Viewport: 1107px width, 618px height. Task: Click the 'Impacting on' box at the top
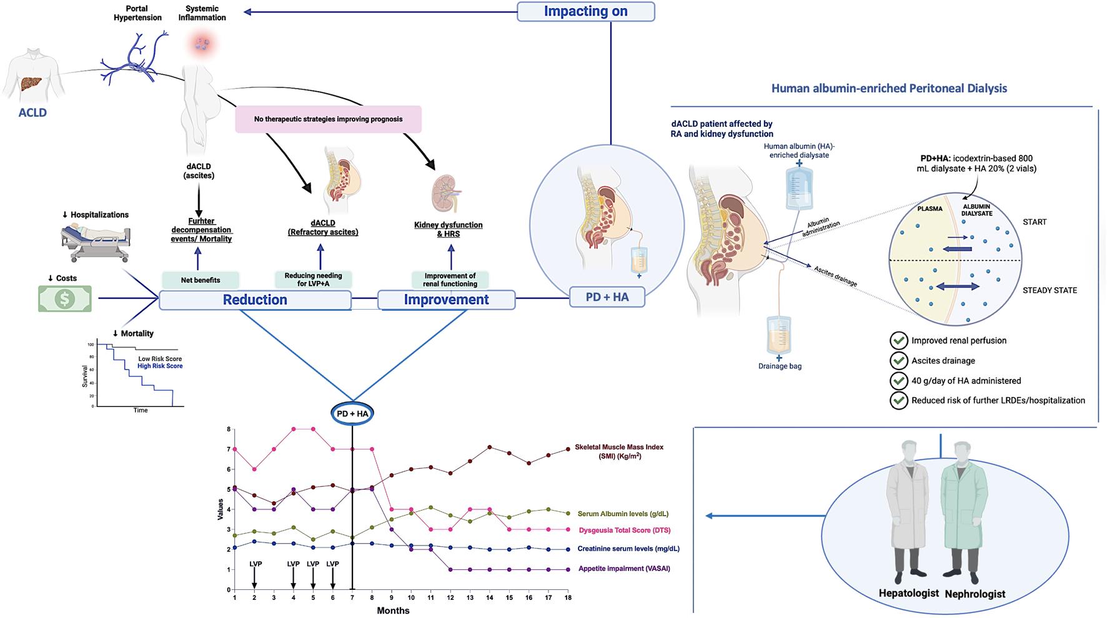(585, 11)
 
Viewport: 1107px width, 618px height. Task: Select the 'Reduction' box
(255, 300)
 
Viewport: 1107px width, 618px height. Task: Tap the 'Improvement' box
(446, 300)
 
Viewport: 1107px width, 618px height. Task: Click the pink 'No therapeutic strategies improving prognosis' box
(328, 119)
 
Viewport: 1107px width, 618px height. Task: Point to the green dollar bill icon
(65, 298)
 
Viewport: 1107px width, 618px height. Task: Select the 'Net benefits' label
(200, 280)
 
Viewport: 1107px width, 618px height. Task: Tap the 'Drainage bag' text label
(780, 366)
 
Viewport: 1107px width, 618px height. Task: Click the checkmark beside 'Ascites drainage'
(898, 361)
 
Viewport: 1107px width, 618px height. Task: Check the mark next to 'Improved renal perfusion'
(898, 341)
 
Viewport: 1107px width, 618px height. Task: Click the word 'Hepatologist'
(908, 593)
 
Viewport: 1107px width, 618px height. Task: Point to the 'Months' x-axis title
(393, 611)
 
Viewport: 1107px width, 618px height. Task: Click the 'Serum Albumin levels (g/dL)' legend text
(622, 514)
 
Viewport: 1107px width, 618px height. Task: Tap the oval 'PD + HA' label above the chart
(352, 414)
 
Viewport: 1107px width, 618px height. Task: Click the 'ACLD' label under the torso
(32, 113)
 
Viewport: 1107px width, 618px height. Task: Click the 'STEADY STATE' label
(1050, 290)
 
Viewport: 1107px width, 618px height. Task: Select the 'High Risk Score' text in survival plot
(160, 366)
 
